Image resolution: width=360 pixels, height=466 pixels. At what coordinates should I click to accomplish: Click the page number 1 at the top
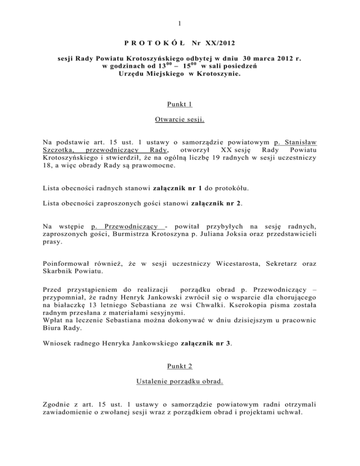click(180, 24)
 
